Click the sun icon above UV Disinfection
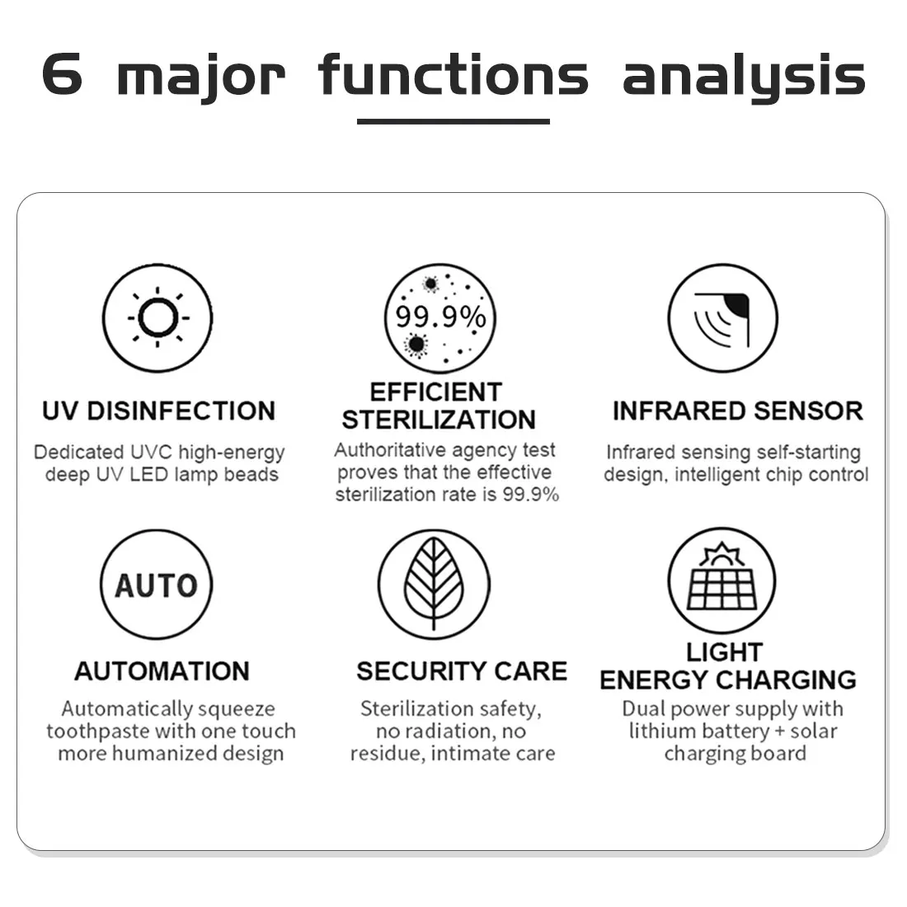pos(157,317)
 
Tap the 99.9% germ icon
pos(440,318)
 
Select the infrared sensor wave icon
pos(722,318)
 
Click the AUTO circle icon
pos(156,585)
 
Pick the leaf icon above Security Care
pos(434,585)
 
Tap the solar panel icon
pos(721,581)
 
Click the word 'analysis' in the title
pos(744,76)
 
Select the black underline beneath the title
pos(453,121)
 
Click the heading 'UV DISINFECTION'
pos(158,411)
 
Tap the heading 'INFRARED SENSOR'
pos(737,411)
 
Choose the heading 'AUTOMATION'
pos(162,671)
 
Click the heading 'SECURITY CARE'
pos(462,671)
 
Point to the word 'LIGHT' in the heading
pos(724,652)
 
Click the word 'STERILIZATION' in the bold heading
pos(439,420)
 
